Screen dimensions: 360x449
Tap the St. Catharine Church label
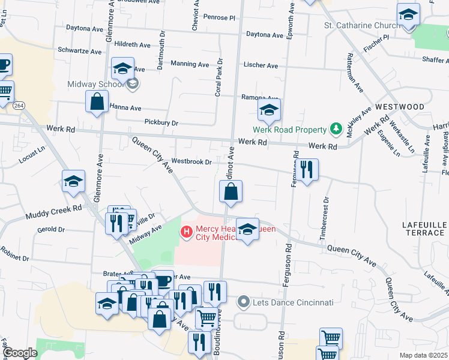[x=362, y=25]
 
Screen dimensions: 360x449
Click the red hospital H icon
[x=186, y=230]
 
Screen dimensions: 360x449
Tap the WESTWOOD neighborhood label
[x=400, y=107]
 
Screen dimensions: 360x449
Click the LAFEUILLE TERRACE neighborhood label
[x=424, y=228]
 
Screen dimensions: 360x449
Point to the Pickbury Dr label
[x=161, y=122]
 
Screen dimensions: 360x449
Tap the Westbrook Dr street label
[x=191, y=161]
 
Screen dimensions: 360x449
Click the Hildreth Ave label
[x=132, y=44]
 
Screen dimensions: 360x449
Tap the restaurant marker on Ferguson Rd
[x=307, y=170]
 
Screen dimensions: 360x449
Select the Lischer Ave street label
[x=261, y=65]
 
